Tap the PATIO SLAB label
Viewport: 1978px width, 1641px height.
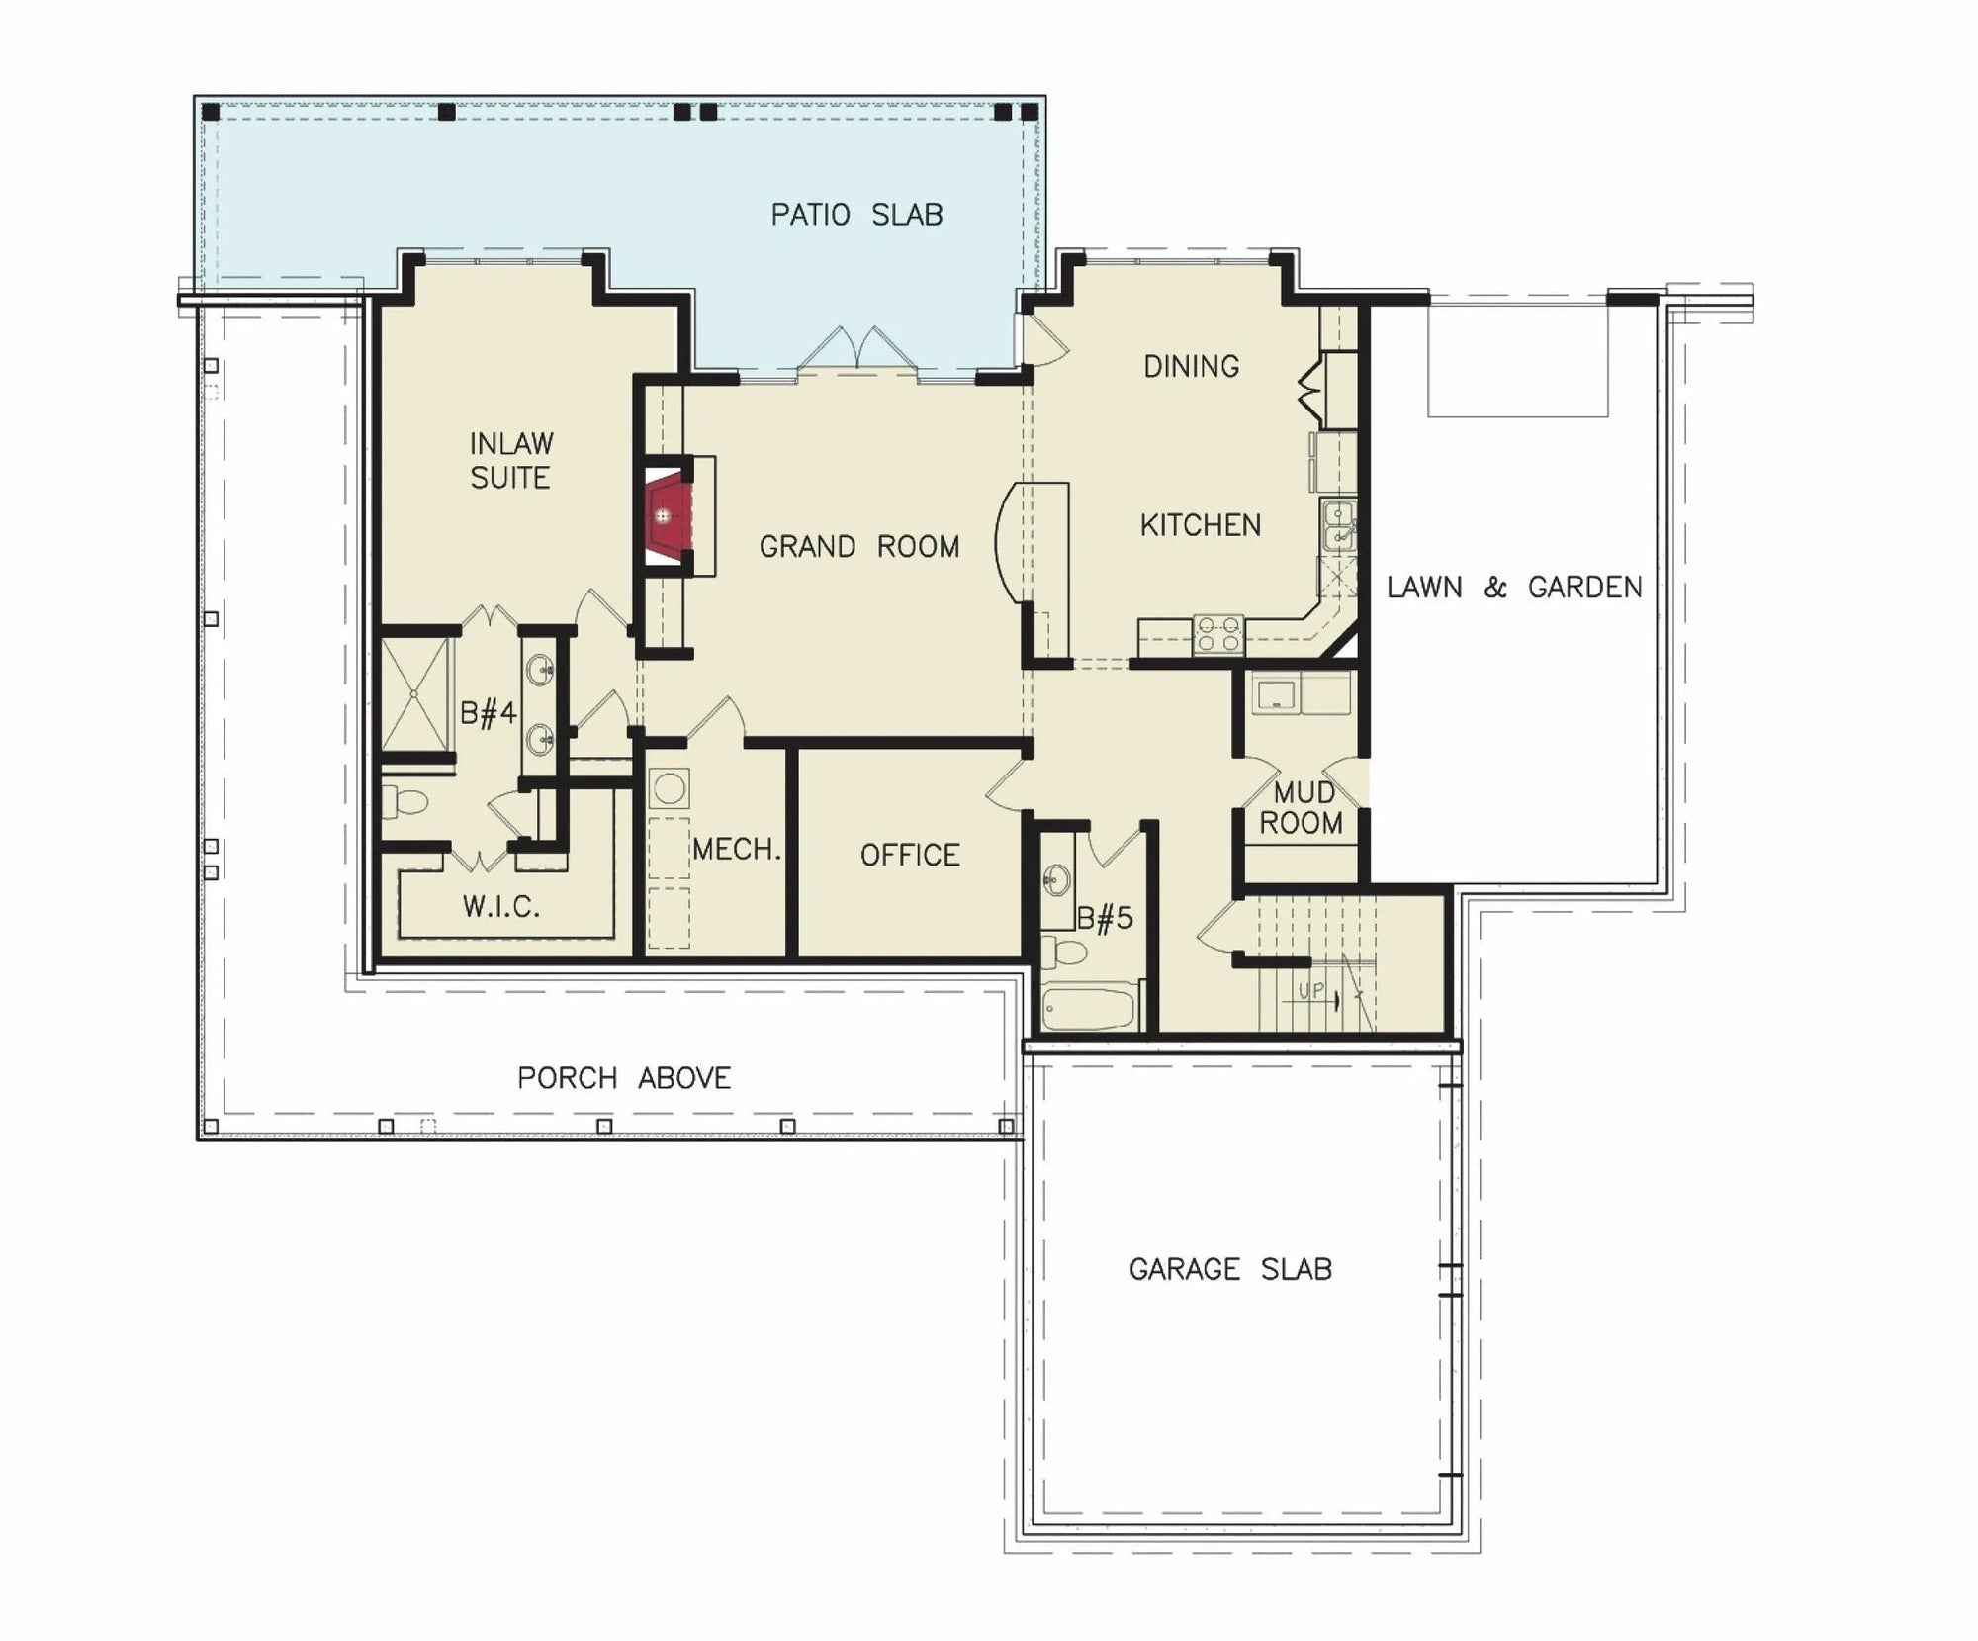[856, 215]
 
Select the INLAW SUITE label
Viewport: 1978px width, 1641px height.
[510, 460]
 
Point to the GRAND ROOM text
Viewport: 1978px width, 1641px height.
[858, 547]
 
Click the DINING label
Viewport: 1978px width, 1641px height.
[1191, 367]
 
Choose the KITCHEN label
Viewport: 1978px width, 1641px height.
[1201, 525]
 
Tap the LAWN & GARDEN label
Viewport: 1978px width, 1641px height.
[1514, 588]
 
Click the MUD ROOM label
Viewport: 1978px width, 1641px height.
[1302, 807]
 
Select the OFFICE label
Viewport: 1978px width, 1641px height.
[910, 856]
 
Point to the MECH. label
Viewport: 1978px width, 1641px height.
[737, 849]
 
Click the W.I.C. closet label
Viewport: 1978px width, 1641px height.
[500, 907]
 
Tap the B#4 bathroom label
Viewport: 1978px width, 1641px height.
[489, 713]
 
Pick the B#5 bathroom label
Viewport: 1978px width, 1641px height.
[1105, 919]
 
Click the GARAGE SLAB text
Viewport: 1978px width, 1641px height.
[1230, 1269]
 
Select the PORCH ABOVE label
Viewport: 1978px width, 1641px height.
[624, 1078]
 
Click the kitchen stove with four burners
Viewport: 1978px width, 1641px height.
[1217, 634]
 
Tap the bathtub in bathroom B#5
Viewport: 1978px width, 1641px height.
[1088, 1008]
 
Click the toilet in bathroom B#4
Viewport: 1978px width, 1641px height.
[404, 800]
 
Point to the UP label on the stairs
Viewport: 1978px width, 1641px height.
[1310, 990]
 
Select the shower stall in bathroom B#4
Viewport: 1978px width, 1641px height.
[415, 694]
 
